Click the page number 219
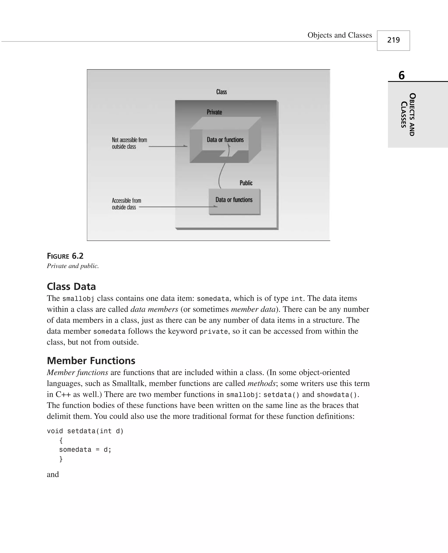(x=393, y=40)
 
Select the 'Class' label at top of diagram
(x=221, y=92)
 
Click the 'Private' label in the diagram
(x=214, y=112)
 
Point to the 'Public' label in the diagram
(x=246, y=183)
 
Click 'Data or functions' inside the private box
(x=225, y=140)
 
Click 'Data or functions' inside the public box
(x=234, y=200)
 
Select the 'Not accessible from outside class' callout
(x=129, y=143)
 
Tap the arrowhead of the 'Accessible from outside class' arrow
(x=216, y=206)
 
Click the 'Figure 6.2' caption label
(x=65, y=256)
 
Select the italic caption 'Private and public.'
(x=73, y=266)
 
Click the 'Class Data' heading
(x=71, y=286)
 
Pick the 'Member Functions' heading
(x=91, y=361)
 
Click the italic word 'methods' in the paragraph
(x=261, y=383)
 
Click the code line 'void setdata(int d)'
(x=85, y=431)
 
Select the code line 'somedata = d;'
(x=85, y=450)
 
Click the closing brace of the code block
(x=61, y=459)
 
